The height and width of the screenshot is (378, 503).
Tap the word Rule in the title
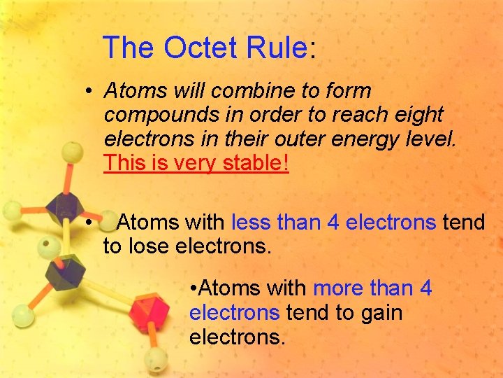[x=277, y=48]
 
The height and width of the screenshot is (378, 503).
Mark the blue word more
[x=339, y=288]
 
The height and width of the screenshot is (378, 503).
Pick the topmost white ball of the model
[x=72, y=152]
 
